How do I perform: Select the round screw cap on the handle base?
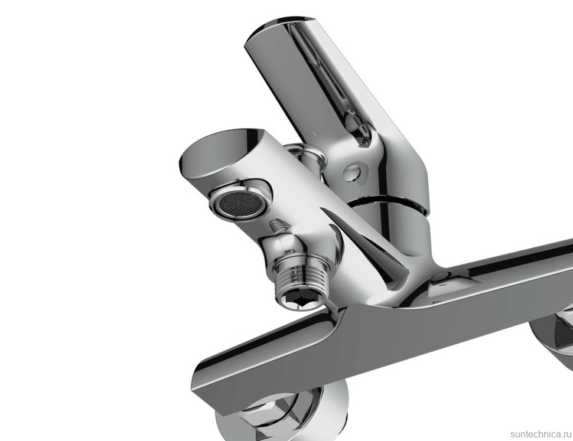[x=355, y=172]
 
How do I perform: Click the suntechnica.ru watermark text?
[x=541, y=434]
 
